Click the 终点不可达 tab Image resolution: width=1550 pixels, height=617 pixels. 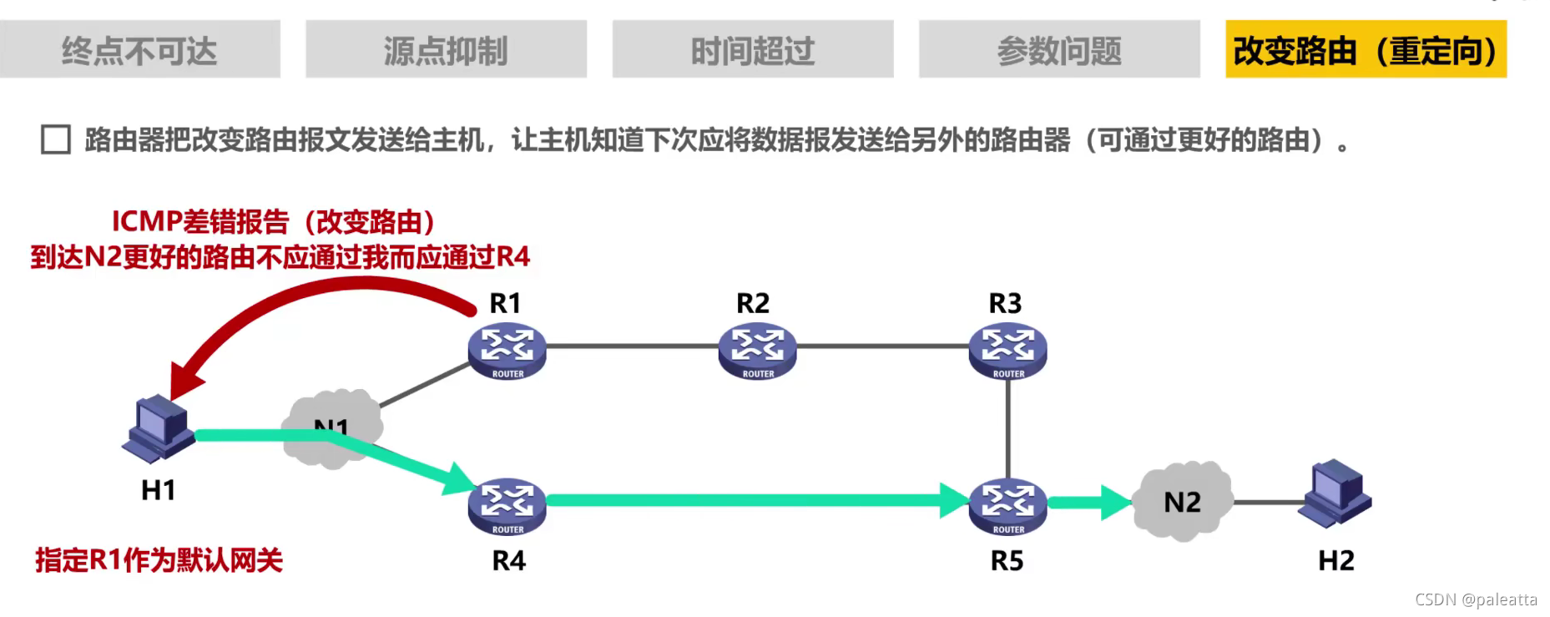tap(139, 50)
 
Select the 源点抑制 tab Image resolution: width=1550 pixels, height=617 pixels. tap(446, 50)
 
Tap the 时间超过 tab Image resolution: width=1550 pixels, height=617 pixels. tap(752, 50)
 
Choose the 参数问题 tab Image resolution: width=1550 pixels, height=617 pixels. tap(1059, 50)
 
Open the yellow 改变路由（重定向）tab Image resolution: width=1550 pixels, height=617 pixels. tap(1366, 50)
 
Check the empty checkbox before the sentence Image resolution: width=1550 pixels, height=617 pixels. tap(56, 139)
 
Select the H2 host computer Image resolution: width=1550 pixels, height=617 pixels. tap(1335, 492)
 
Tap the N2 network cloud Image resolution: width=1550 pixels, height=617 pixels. tap(1182, 501)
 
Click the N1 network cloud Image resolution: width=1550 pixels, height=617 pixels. tap(332, 427)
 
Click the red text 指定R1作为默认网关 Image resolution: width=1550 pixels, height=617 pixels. tap(159, 560)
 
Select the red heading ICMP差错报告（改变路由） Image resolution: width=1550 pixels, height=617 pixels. tap(273, 222)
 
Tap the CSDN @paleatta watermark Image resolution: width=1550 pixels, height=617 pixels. tap(1475, 599)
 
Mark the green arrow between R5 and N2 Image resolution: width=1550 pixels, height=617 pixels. tap(1088, 503)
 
